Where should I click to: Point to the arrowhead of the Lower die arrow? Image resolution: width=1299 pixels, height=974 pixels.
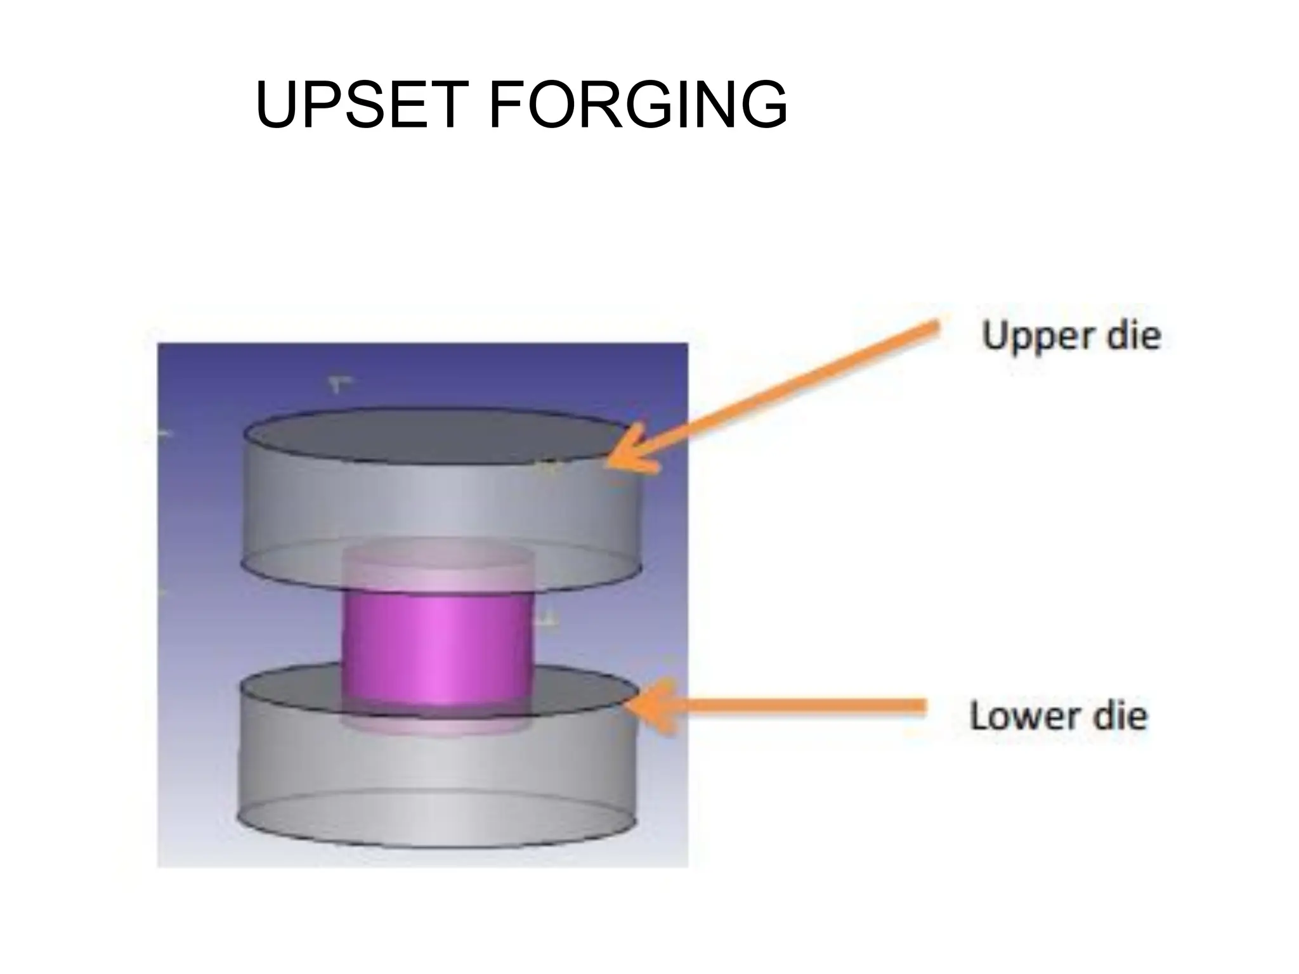tap(650, 706)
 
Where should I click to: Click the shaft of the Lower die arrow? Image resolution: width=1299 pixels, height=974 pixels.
tap(793, 706)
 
